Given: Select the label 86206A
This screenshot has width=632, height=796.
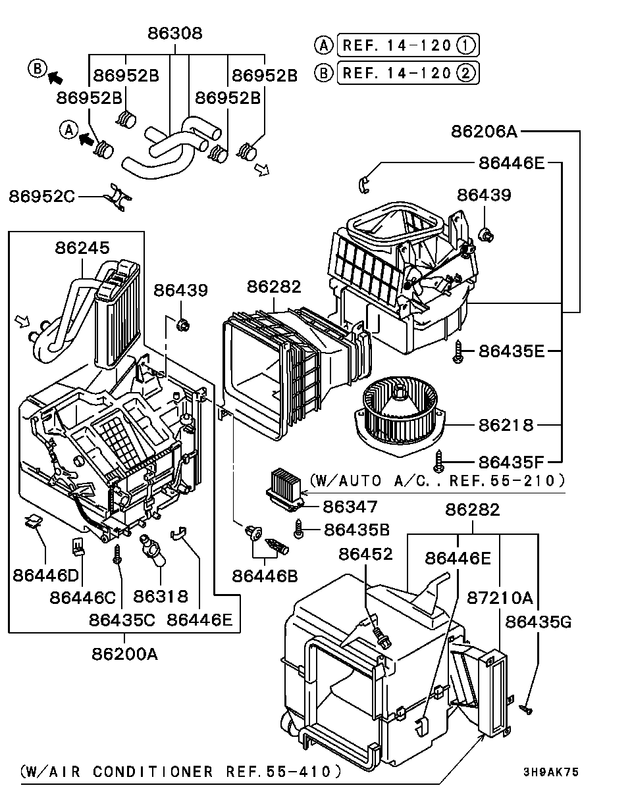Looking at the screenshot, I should (x=484, y=132).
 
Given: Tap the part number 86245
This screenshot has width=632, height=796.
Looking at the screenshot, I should (x=82, y=248).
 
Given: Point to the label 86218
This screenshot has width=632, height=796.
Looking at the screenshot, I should (x=506, y=425).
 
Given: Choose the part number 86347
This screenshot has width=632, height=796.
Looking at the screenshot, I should (x=350, y=507).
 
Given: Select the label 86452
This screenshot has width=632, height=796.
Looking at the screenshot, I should (x=365, y=554).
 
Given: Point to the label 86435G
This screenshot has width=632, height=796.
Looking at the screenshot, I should (x=539, y=622).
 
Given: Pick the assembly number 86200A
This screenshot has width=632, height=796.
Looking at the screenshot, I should (x=125, y=654).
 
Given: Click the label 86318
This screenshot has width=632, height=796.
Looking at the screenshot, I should (x=161, y=596).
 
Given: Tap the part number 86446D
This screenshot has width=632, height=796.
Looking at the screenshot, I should (x=45, y=576).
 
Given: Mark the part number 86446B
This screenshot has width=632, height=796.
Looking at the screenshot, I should (x=265, y=576).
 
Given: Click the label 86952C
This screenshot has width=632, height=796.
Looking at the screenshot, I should (x=42, y=196).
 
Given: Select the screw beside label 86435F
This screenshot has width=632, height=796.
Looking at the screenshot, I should (x=440, y=459).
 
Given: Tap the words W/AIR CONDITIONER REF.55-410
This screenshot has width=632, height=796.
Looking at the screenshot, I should (x=180, y=772).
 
